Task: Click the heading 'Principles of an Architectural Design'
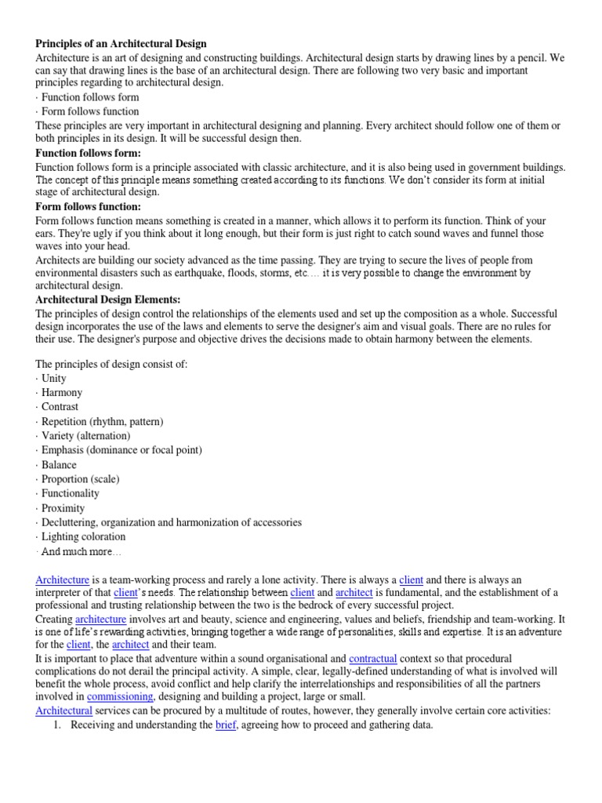(121, 44)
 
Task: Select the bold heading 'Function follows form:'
(89, 153)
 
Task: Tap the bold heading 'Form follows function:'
(89, 206)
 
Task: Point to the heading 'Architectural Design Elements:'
(108, 300)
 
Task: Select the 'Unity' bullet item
(54, 378)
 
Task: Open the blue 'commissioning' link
(121, 696)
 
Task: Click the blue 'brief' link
(226, 725)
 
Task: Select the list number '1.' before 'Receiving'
(56, 725)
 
